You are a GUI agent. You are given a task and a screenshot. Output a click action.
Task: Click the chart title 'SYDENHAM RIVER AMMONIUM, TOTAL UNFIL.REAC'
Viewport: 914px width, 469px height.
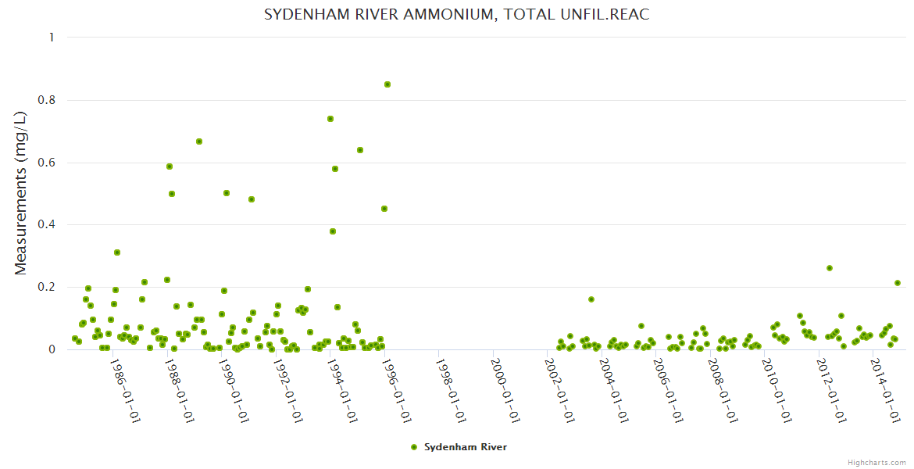tap(456, 15)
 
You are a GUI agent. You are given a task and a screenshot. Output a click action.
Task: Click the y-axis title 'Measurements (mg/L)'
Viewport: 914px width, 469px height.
tap(21, 192)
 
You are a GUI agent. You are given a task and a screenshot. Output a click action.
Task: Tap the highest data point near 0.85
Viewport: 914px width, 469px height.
tap(387, 84)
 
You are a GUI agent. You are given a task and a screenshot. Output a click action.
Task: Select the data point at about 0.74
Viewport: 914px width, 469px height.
tap(330, 119)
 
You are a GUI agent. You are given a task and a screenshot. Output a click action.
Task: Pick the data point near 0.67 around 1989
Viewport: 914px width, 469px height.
tap(199, 141)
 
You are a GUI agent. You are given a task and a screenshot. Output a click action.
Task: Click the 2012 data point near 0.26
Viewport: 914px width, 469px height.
tap(830, 268)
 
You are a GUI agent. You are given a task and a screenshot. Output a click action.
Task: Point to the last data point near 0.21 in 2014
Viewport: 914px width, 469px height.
tap(898, 283)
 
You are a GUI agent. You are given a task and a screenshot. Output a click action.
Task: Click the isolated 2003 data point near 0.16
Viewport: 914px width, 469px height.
tap(591, 299)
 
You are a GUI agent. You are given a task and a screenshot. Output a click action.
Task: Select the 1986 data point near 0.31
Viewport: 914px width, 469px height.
tap(117, 252)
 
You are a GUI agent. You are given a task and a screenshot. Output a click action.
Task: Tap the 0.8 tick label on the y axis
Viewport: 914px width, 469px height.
tap(48, 100)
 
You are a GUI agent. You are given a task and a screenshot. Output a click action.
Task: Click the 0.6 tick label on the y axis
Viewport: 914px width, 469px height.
tap(48, 163)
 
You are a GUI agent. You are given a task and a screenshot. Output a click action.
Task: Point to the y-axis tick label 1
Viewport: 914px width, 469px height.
tap(52, 38)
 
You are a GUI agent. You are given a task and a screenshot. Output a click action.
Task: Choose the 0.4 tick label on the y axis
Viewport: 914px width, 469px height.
tap(48, 225)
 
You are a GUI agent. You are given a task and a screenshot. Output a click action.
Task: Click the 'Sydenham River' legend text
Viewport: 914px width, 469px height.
tap(466, 447)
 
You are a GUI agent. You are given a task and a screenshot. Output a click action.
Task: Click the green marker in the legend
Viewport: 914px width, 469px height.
tap(413, 447)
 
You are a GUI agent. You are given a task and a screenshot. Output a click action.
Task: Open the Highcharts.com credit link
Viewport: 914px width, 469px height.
tap(877, 462)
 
